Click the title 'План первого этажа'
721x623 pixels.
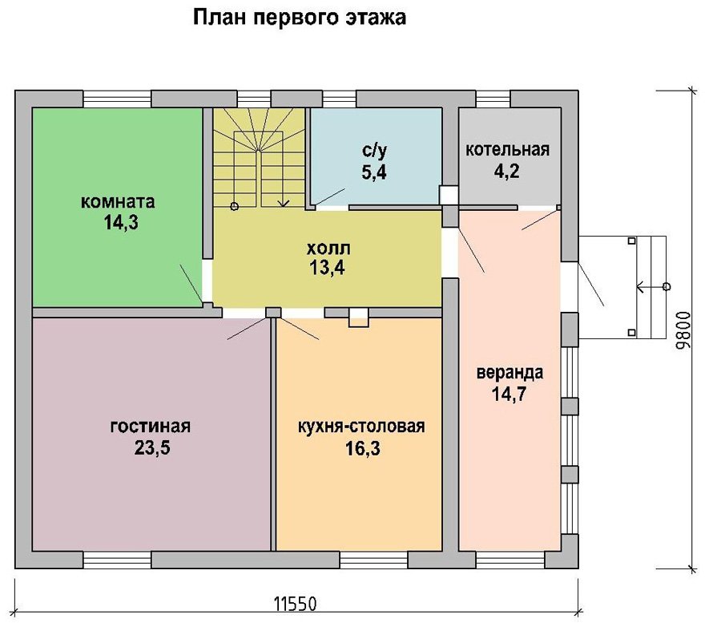point(299,18)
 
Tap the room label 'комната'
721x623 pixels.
point(117,201)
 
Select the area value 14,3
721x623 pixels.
point(121,223)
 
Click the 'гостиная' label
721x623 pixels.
point(151,426)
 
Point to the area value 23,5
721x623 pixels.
point(152,448)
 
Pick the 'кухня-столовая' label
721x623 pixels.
point(360,426)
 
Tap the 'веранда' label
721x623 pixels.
point(510,372)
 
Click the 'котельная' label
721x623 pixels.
point(508,149)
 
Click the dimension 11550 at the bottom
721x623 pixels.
point(296,602)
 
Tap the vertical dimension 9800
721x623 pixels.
point(683,329)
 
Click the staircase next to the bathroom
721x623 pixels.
point(259,158)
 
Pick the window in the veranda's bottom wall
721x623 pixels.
point(510,560)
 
